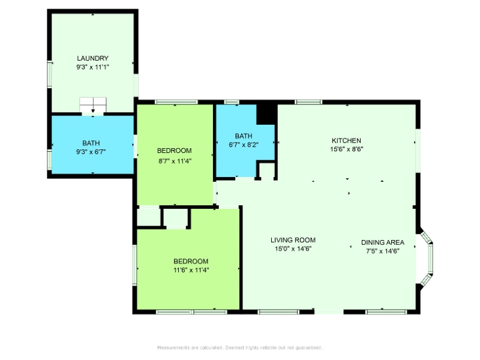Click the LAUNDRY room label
coord(93,58)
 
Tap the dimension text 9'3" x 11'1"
coord(93,67)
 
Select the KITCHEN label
coord(347,140)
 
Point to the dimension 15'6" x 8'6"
coord(347,149)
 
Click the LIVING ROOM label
coord(293,240)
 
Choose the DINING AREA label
coord(383,242)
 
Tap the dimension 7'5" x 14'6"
coord(383,251)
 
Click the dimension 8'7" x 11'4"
coord(175,161)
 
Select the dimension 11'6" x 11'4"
coord(191,270)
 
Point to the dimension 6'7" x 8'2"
coord(244,145)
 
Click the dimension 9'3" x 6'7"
coord(91,152)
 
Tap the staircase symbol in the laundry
coord(93,105)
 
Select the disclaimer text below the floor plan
coord(239,348)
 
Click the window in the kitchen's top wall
coord(308,102)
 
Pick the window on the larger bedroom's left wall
coord(134,265)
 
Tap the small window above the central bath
coord(232,102)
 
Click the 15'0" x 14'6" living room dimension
coord(293,249)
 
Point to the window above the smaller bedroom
coord(176,102)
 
